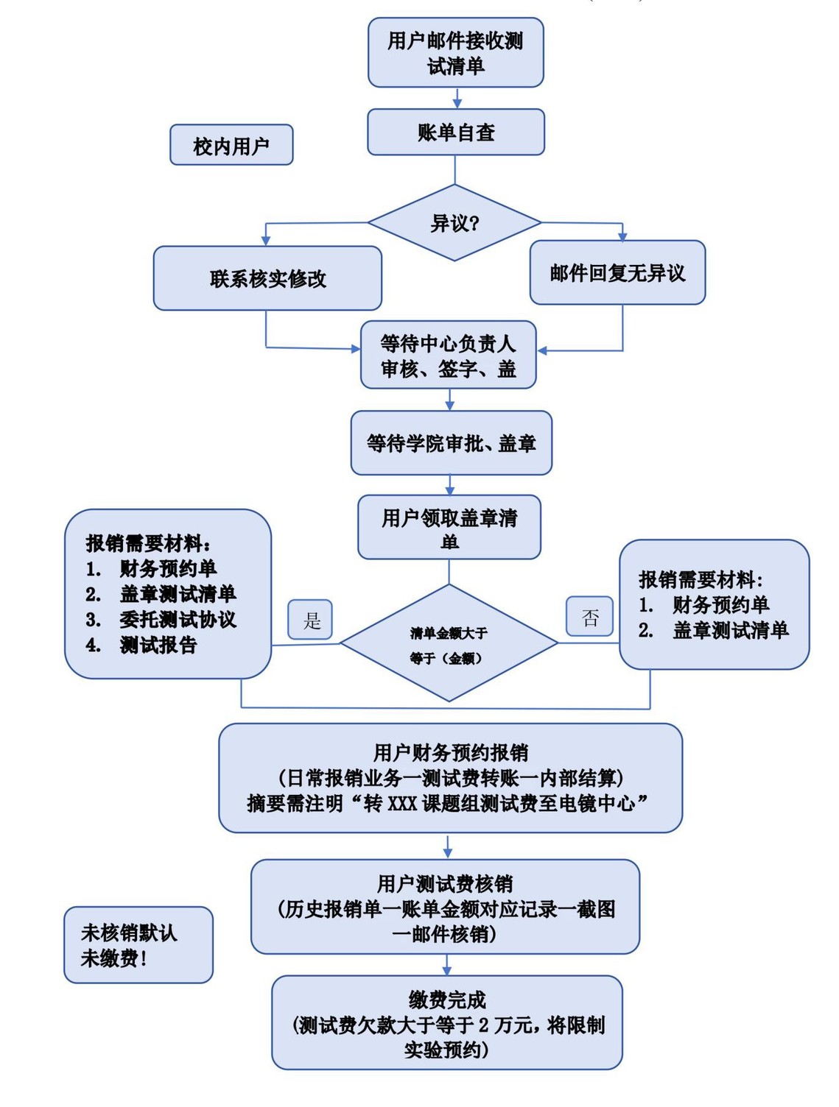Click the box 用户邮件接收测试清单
click(x=455, y=53)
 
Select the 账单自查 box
click(x=455, y=132)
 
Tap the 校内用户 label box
click(x=231, y=145)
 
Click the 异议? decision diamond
click(x=454, y=223)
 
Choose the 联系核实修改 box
click(x=267, y=278)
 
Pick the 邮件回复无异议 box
click(x=617, y=273)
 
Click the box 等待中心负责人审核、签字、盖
click(x=448, y=355)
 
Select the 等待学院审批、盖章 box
click(x=451, y=443)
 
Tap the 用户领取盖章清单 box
click(x=449, y=528)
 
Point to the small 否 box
click(x=589, y=617)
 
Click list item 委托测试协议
click(x=178, y=620)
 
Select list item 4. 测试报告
click(x=158, y=646)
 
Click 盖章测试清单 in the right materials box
click(x=730, y=631)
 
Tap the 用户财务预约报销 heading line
click(x=450, y=752)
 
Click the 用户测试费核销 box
click(x=445, y=907)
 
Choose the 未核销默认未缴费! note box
click(x=138, y=945)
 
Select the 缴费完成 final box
click(x=446, y=1023)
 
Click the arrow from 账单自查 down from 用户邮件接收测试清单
click(x=457, y=99)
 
